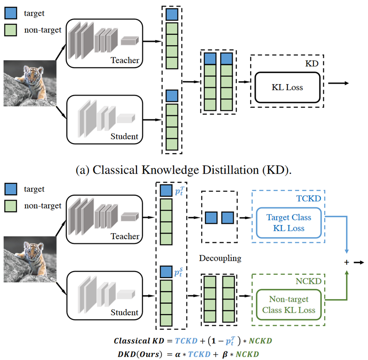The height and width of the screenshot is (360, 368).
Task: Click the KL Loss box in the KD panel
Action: click(287, 87)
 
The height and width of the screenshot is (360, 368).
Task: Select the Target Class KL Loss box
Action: click(288, 222)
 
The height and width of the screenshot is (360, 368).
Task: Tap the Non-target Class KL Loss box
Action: click(288, 305)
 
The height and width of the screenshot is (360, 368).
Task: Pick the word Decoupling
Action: click(220, 259)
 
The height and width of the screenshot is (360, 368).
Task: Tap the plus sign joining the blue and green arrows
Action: click(347, 262)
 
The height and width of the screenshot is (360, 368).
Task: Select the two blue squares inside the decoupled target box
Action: click(219, 217)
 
